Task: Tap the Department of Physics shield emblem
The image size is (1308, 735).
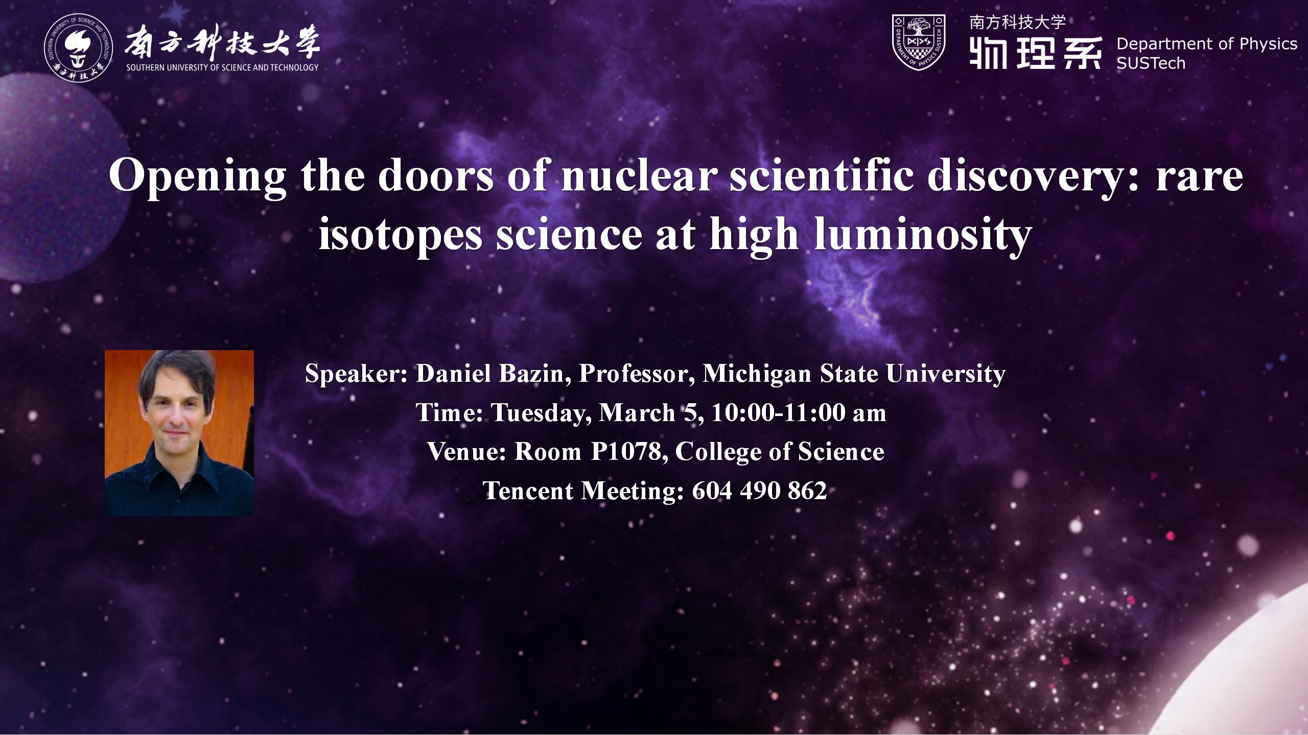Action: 918,42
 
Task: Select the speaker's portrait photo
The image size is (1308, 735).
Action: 179,433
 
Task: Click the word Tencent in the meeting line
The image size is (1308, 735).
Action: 528,491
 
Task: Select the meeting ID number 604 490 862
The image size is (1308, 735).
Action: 759,491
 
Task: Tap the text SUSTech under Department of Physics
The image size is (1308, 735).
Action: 1151,64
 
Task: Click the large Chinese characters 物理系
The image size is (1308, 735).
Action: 1035,53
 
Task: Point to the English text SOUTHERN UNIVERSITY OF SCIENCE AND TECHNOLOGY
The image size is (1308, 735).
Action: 222,67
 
